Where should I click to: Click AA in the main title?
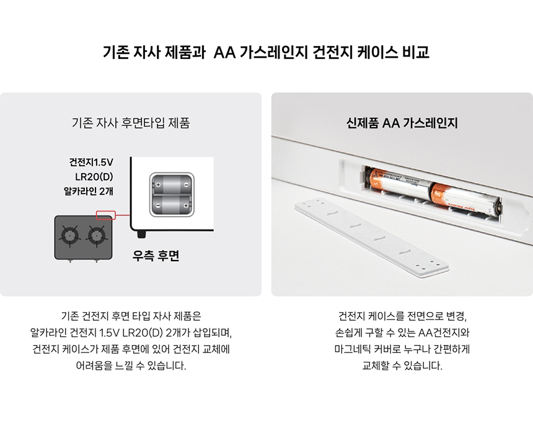coord(224,52)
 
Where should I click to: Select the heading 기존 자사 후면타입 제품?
coord(131,122)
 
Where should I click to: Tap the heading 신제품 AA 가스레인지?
coord(402,122)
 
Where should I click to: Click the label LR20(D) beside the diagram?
coord(94,177)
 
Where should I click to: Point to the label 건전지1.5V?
coord(91,162)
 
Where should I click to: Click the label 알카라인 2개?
coord(89,191)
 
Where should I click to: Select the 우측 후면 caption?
coord(156,255)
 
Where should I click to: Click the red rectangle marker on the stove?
coord(106,215)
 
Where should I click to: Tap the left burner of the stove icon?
coord(70,235)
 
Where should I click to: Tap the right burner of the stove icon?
coord(97,235)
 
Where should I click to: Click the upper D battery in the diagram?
coord(172,185)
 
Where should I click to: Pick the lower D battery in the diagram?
coord(172,205)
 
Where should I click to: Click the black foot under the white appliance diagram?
coord(141,234)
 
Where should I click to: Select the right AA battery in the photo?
coord(465,200)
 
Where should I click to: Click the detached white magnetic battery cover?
coord(371,238)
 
